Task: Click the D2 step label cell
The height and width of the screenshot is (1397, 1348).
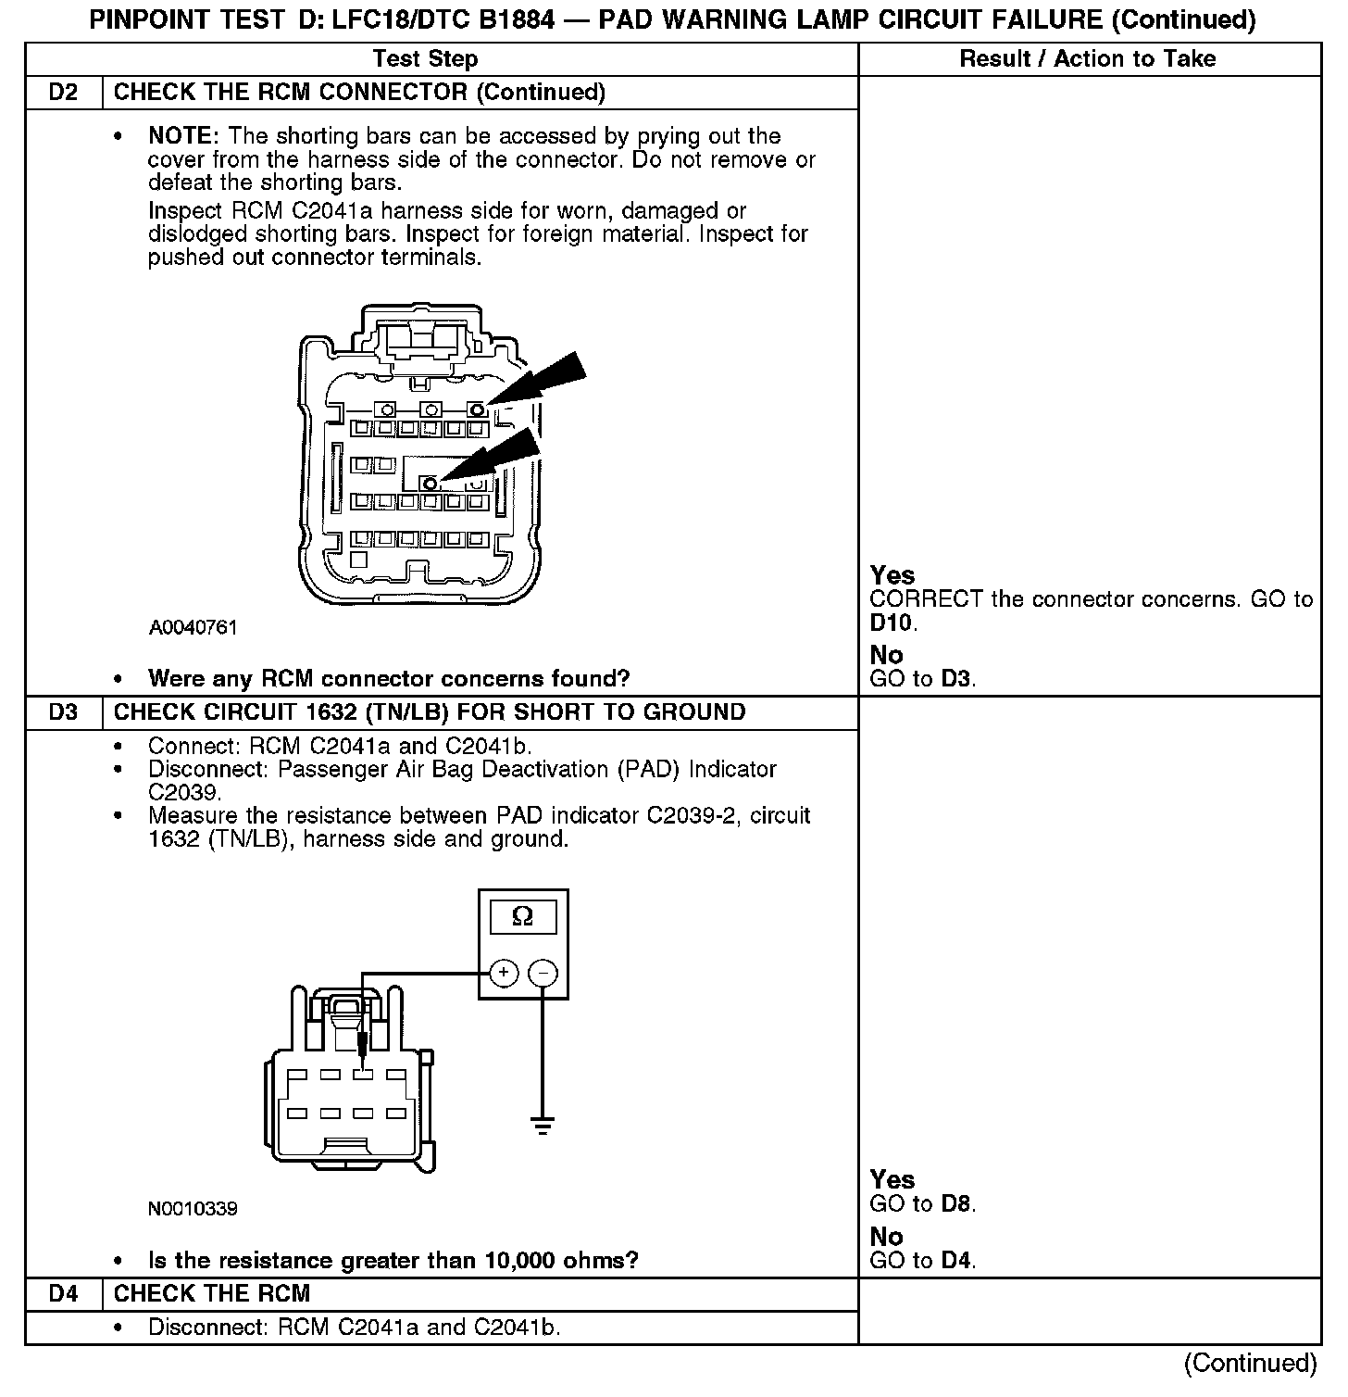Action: [x=63, y=93]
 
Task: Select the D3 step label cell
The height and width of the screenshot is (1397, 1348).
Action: [x=63, y=712]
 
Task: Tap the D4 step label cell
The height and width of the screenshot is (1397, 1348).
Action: [x=63, y=1294]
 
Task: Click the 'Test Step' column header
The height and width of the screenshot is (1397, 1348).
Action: [x=425, y=59]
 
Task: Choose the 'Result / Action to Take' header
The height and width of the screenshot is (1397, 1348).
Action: [x=1087, y=59]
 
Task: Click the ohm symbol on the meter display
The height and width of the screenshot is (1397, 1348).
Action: [x=522, y=917]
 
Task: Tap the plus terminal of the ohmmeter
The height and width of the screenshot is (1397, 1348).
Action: [x=503, y=973]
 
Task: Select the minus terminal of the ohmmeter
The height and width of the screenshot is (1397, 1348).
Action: [x=543, y=973]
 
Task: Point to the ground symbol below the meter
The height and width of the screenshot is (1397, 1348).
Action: [x=543, y=1126]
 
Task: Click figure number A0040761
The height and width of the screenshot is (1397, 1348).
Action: [x=193, y=628]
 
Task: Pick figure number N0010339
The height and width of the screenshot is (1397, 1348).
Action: [x=193, y=1209]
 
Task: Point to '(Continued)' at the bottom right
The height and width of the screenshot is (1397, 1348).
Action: [x=1250, y=1363]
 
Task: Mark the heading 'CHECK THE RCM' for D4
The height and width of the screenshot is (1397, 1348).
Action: [x=212, y=1294]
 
